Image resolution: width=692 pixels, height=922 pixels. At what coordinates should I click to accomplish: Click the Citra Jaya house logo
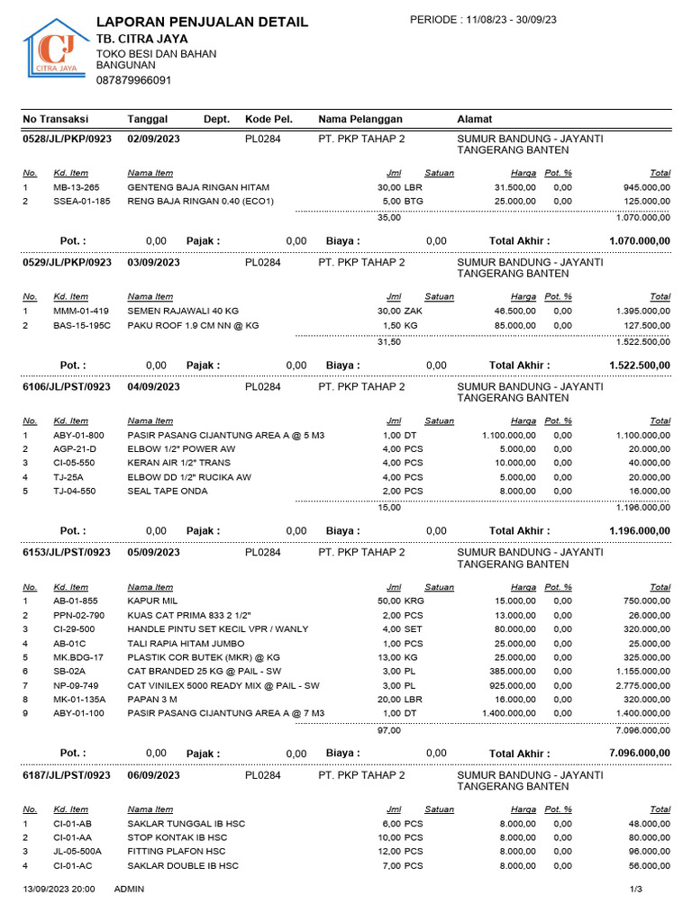[x=53, y=50]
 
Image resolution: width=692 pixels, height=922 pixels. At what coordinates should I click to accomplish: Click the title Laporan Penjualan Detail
[x=202, y=22]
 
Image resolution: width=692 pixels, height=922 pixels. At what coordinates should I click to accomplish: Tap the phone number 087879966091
[x=133, y=80]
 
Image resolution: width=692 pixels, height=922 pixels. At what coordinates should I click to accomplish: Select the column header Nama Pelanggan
[x=360, y=119]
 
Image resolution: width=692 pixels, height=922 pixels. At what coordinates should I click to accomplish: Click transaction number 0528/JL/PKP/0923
[x=68, y=139]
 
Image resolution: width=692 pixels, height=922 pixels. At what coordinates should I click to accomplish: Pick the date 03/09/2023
[x=154, y=263]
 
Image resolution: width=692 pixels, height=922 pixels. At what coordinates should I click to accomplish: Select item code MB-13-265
[x=77, y=186]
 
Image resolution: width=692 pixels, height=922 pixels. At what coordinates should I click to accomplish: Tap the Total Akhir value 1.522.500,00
[x=640, y=366]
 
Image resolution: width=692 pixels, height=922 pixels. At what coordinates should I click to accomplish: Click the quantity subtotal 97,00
[x=389, y=730]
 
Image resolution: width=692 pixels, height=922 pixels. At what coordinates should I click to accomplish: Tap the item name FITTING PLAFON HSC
[x=177, y=851]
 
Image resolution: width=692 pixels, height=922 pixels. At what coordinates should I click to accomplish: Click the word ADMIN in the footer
[x=130, y=889]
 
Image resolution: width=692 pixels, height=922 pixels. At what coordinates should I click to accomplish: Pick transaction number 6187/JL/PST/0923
[x=68, y=774]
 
